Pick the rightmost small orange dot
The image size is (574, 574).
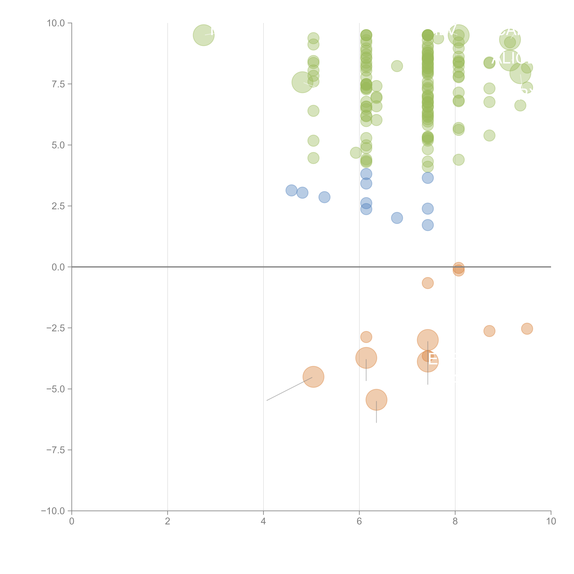tap(527, 329)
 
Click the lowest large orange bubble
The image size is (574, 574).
tap(376, 400)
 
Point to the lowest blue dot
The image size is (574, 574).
tap(428, 225)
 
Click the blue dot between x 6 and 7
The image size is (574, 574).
tap(397, 218)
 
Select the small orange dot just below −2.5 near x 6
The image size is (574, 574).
tap(366, 337)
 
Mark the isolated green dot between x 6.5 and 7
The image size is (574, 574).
tap(397, 66)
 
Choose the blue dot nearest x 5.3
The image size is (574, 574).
tap(324, 197)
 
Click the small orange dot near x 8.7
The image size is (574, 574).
tap(489, 331)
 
